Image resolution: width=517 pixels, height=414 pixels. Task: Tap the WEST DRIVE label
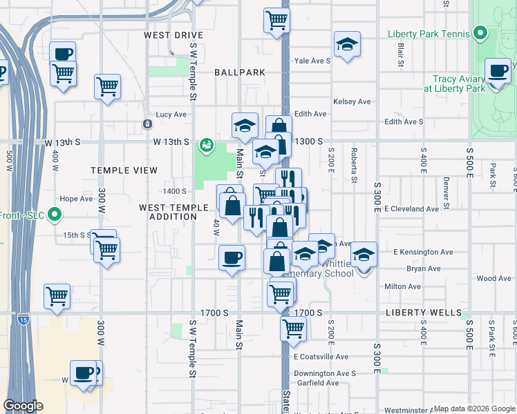tap(173, 35)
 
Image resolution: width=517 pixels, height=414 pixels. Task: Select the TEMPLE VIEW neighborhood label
tap(124, 170)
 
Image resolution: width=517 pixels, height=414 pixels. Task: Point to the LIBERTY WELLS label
tap(423, 313)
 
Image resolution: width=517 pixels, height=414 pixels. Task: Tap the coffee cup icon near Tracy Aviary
tap(498, 71)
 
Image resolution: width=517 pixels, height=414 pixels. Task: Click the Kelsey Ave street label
tap(352, 102)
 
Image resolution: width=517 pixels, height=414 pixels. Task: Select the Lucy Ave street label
tap(171, 115)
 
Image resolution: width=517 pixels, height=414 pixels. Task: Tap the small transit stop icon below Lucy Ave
tap(147, 124)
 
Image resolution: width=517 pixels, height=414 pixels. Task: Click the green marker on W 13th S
tap(206, 145)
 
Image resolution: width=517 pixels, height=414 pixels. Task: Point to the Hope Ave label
tap(76, 199)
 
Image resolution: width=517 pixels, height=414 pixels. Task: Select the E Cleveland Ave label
tap(411, 209)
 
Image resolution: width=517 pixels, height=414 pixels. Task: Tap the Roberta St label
tap(354, 165)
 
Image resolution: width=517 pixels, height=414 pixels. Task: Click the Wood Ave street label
tap(493, 279)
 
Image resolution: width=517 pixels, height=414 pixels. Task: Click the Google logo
tap(23, 406)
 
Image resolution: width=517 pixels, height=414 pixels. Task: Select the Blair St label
tap(401, 55)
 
